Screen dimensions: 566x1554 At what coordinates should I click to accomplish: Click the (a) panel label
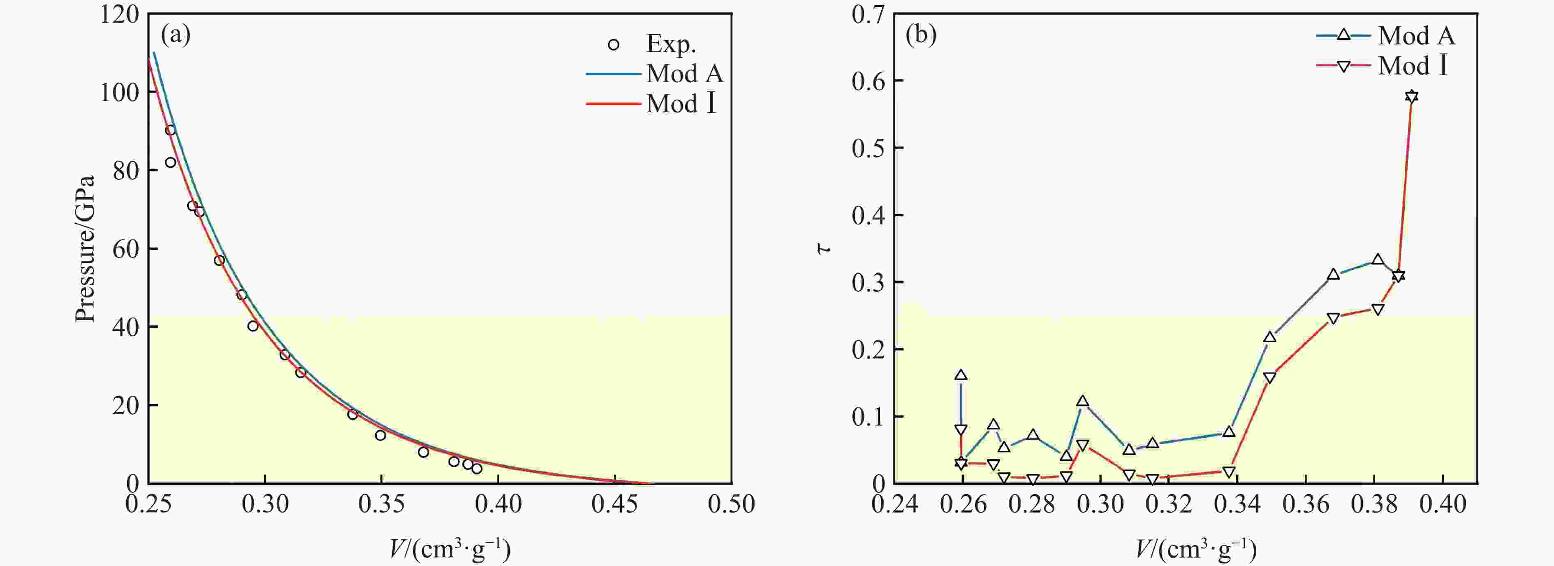(x=176, y=35)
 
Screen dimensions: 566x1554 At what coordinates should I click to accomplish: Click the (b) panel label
(x=921, y=35)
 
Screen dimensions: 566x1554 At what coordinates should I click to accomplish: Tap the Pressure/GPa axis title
(x=86, y=248)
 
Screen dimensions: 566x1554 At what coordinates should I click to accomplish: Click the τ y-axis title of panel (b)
(x=824, y=248)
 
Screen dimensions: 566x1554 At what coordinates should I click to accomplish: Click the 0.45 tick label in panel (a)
(x=614, y=504)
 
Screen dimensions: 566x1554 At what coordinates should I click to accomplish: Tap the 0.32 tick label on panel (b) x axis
(x=1169, y=504)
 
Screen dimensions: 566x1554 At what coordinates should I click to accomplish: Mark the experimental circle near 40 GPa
(x=253, y=326)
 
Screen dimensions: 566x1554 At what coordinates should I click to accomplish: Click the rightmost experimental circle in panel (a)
(x=477, y=468)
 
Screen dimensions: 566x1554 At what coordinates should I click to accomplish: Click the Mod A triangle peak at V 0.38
(x=1378, y=260)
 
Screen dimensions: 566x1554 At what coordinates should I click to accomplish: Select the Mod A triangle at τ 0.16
(x=961, y=375)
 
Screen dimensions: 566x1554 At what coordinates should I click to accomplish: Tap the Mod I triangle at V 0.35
(x=1270, y=378)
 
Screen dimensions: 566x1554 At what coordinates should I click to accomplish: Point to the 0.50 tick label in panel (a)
(x=731, y=504)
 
